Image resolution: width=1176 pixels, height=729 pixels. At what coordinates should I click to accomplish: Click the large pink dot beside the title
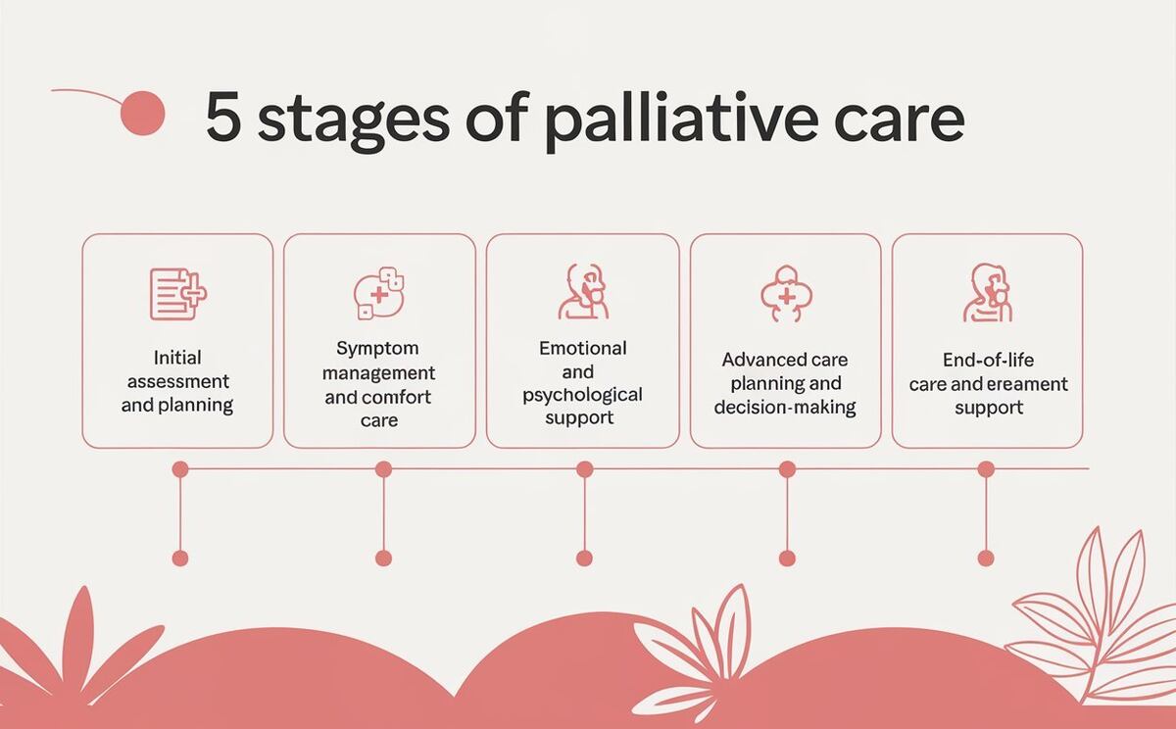(x=141, y=113)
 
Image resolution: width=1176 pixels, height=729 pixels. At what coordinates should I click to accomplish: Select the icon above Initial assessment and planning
(x=177, y=293)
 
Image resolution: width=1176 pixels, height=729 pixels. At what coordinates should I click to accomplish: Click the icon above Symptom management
(x=379, y=293)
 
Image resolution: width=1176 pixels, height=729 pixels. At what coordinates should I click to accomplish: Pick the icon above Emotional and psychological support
(x=582, y=291)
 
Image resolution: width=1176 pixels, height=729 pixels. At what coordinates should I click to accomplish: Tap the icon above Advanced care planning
(x=785, y=293)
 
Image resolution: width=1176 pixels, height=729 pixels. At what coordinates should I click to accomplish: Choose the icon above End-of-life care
(x=987, y=293)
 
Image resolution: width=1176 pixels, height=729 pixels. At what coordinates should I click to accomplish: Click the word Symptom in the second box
(x=377, y=349)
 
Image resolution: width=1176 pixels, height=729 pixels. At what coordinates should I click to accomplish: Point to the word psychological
(x=582, y=395)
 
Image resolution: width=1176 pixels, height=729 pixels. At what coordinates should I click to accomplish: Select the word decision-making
(x=785, y=407)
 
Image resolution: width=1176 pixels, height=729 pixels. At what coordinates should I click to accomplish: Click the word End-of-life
(x=988, y=361)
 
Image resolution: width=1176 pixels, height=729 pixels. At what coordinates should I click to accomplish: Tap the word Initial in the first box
(x=177, y=358)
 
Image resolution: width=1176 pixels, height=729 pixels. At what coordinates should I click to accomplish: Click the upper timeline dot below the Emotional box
(x=584, y=469)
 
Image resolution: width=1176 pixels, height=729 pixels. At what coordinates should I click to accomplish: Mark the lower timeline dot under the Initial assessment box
(x=179, y=558)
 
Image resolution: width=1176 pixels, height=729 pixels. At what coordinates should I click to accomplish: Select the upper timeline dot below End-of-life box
(x=986, y=469)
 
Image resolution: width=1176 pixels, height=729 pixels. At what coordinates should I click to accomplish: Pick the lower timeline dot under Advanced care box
(x=787, y=558)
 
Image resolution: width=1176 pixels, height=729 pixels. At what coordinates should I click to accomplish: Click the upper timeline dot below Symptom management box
(x=383, y=469)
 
